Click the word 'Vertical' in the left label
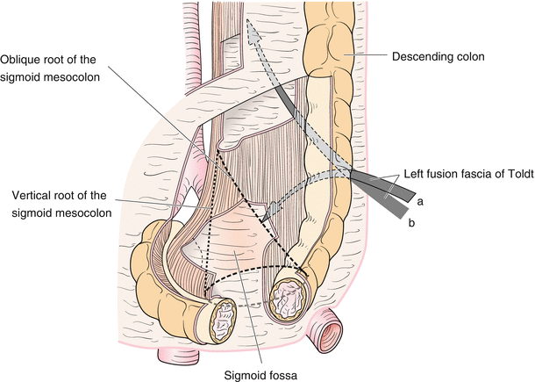[x=33, y=194]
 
